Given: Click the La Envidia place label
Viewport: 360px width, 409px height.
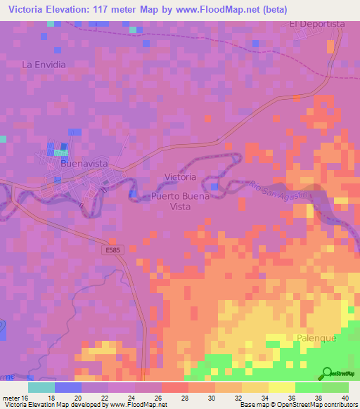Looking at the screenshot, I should pyautogui.click(x=44, y=65).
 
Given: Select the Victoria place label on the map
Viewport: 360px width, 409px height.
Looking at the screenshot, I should pyautogui.click(x=179, y=176).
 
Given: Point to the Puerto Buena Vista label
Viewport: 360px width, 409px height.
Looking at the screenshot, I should pyautogui.click(x=181, y=202).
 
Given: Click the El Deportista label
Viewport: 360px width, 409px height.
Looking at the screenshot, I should pyautogui.click(x=317, y=23).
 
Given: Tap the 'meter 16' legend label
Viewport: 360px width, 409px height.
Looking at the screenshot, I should pyautogui.click(x=15, y=397).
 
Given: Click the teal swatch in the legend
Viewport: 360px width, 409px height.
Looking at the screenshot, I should pyautogui.click(x=41, y=387).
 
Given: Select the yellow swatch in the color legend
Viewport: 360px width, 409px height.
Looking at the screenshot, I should pyautogui.click(x=281, y=387).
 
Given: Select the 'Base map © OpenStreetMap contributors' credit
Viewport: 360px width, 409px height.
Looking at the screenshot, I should pyautogui.click(x=297, y=405).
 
